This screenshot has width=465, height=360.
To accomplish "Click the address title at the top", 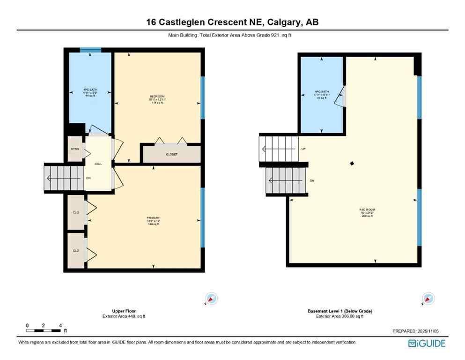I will pyautogui.click(x=232, y=22).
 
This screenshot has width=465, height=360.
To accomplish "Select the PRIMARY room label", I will pyautogui.click(x=153, y=218).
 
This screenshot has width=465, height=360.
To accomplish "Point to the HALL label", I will pyautogui.click(x=98, y=164).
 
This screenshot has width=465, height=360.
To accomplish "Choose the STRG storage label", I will pyautogui.click(x=75, y=149).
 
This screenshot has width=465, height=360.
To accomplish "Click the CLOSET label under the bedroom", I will pyautogui.click(x=172, y=154).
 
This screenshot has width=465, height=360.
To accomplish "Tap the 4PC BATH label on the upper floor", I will pyautogui.click(x=90, y=89).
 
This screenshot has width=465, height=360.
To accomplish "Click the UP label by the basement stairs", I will pyautogui.click(x=303, y=149).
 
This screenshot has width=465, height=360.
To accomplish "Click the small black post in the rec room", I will pyautogui.click(x=352, y=164).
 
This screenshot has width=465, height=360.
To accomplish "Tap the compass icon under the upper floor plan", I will pyautogui.click(x=212, y=299).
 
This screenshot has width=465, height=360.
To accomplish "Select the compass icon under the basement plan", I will pyautogui.click(x=428, y=299).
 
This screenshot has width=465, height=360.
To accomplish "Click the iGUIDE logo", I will pyautogui.click(x=427, y=344).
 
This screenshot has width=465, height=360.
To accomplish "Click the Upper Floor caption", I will pyautogui.click(x=124, y=311).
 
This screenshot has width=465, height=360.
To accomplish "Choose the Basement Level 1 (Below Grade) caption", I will pyautogui.click(x=340, y=311).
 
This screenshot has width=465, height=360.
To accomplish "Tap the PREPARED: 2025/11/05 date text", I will pyautogui.click(x=415, y=331).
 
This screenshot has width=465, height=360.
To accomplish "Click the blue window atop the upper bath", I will pyautogui.click(x=90, y=50).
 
